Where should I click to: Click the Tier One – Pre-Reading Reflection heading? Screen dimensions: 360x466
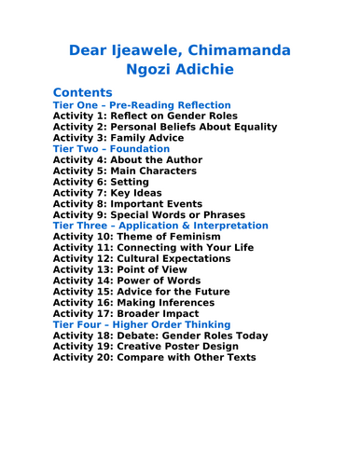pos(142,105)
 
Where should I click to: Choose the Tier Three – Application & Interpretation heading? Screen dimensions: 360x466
pos(160,226)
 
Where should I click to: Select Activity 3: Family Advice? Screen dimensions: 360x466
pos(118,138)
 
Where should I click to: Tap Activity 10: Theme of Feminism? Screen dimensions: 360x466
pos(136,237)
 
